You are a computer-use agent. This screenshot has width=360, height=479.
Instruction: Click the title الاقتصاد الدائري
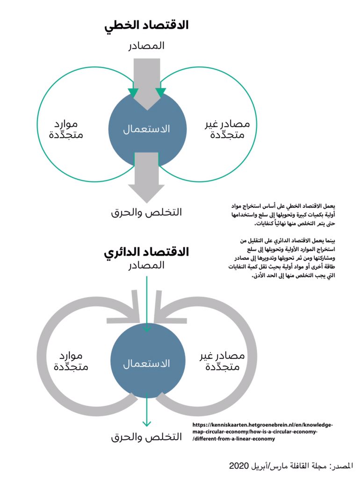coord(146,252)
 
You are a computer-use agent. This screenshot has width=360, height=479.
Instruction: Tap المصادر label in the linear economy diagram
coord(146,46)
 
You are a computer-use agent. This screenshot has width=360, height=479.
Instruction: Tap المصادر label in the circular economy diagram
coord(146,265)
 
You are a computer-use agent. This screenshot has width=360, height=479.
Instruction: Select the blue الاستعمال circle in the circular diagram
coord(146,363)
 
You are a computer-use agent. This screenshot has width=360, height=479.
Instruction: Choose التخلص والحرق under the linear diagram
coord(146,212)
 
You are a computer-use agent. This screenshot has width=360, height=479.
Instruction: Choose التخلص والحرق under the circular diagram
coord(146,437)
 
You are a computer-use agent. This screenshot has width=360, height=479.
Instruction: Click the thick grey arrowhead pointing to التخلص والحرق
coord(146,192)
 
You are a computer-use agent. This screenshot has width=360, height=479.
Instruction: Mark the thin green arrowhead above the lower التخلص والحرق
coord(146,423)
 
